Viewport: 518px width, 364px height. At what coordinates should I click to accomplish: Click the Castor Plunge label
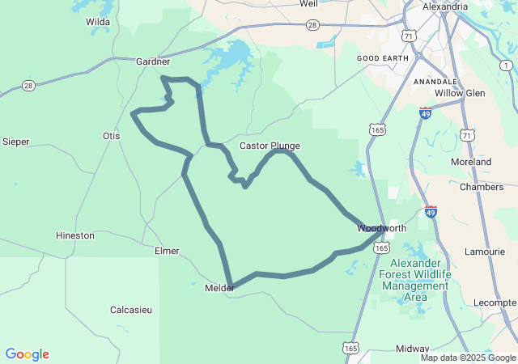(270, 146)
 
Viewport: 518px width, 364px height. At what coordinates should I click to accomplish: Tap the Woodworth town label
(381, 228)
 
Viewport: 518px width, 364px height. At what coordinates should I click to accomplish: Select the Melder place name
(219, 287)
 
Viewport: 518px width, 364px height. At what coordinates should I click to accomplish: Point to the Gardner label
(153, 61)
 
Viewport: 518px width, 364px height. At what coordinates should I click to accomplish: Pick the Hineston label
(75, 235)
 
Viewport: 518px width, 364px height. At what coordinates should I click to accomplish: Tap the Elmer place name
(167, 251)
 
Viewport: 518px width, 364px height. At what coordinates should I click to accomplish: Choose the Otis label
(111, 136)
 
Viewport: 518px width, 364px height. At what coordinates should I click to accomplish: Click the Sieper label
(16, 142)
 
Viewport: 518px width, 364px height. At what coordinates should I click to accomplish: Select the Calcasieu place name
(134, 310)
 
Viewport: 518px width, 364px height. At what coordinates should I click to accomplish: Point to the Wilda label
(98, 22)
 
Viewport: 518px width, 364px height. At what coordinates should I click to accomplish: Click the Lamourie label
(485, 252)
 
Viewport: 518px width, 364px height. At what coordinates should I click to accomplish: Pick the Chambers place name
(481, 187)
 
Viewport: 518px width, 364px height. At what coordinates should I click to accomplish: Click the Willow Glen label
(459, 93)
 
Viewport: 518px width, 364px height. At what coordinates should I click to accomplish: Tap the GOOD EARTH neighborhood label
(382, 58)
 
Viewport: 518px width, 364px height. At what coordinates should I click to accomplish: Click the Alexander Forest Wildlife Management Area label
(415, 281)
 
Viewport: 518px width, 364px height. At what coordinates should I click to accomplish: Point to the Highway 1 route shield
(506, 65)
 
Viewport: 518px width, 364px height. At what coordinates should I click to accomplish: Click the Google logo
(28, 354)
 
